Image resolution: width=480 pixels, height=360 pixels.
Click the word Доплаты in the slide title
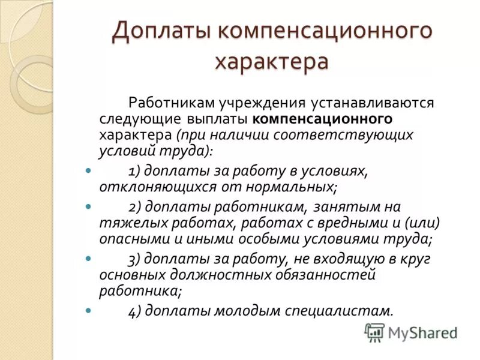click(x=158, y=31)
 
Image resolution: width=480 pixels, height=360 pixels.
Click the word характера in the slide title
click(x=272, y=61)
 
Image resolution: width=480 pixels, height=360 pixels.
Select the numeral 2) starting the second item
click(x=135, y=207)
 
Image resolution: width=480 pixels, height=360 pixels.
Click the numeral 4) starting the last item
click(x=135, y=311)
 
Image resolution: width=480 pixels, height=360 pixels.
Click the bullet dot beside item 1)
click(x=88, y=171)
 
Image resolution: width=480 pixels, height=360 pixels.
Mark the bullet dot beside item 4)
click(x=88, y=311)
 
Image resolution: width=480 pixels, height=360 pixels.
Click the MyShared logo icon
click(x=374, y=332)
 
